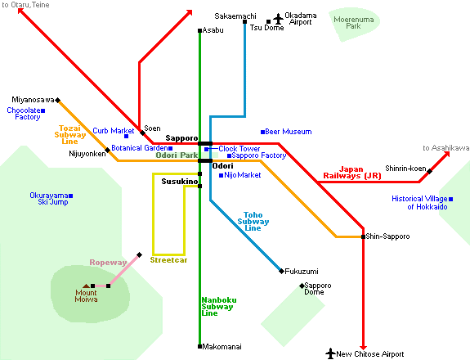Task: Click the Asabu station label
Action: coord(213,30)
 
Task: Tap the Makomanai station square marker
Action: coord(199,347)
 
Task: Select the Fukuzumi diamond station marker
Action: coord(281,271)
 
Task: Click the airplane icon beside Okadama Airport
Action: coord(278,19)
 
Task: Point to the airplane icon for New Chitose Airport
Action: coord(330,353)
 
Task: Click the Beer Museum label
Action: coord(289,132)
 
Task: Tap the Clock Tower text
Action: coord(239,149)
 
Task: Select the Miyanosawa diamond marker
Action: coord(58,100)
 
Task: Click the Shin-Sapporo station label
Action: coord(387,236)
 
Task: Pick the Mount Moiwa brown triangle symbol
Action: coord(87,286)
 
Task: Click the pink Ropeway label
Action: coord(108,263)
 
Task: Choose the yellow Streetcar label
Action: coord(168,260)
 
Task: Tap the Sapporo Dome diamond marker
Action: coord(302,286)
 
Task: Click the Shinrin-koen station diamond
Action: coord(429,171)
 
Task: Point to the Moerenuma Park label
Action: coord(354,23)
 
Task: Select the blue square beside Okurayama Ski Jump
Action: coord(71,196)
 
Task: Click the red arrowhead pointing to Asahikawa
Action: coord(446,155)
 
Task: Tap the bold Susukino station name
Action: coord(180,182)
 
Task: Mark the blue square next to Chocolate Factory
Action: coord(43,110)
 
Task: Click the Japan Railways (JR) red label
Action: coord(352,173)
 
